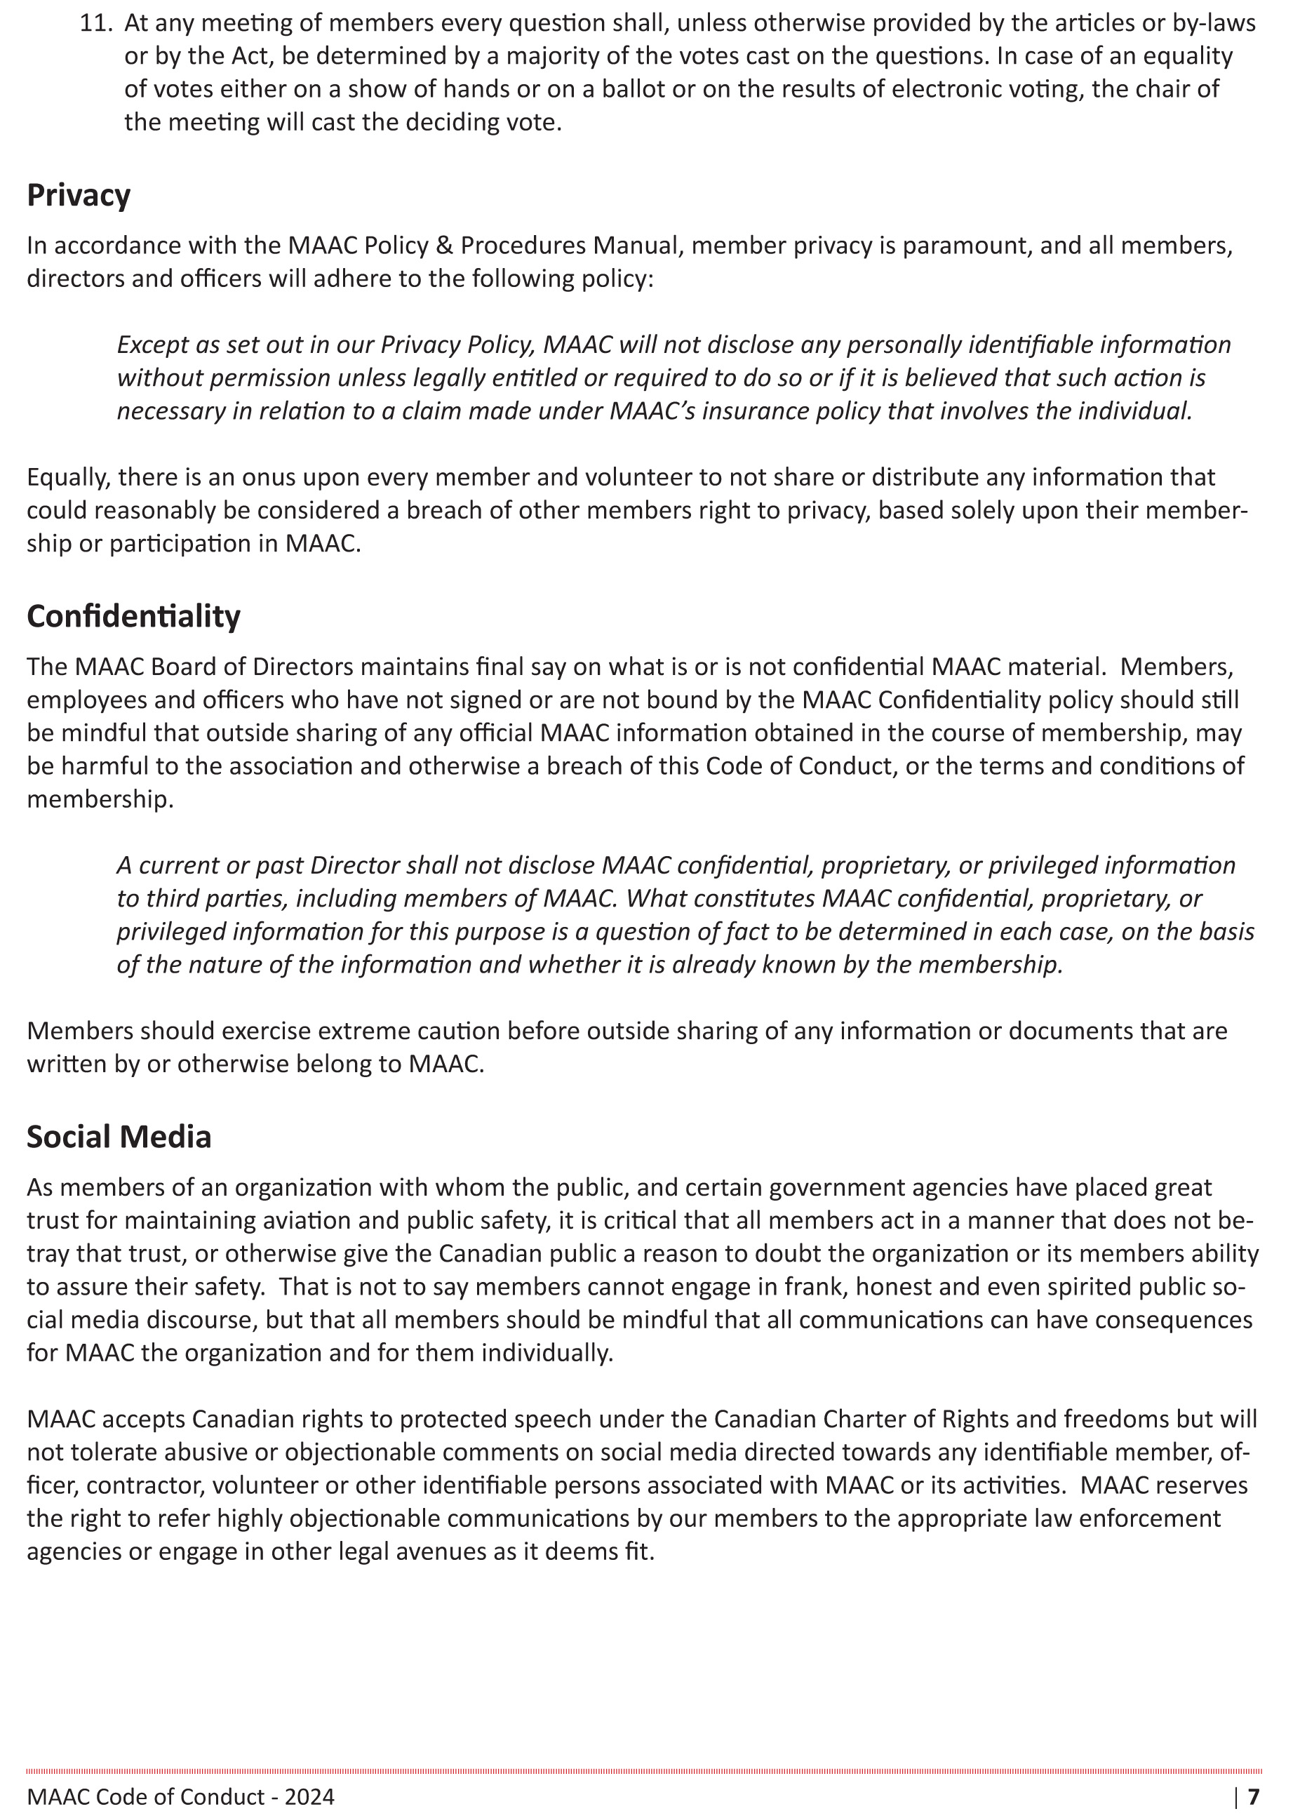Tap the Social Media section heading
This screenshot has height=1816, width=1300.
pos(119,1137)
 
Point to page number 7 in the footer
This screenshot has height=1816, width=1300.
pos(1254,1798)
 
